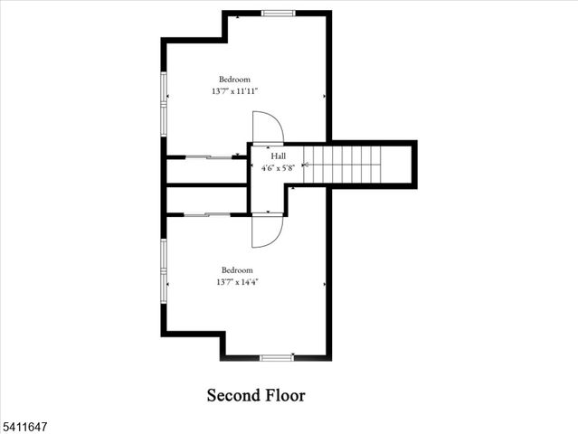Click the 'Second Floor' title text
tap(256, 395)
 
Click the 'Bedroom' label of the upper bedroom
tap(234, 80)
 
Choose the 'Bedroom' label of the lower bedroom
tap(238, 270)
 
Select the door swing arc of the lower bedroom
tap(268, 231)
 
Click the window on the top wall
tap(278, 13)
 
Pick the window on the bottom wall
tap(277, 358)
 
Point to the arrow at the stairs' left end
tap(306, 165)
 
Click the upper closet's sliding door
tap(210, 157)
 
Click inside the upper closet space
tap(206, 171)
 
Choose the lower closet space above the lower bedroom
tap(206, 200)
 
